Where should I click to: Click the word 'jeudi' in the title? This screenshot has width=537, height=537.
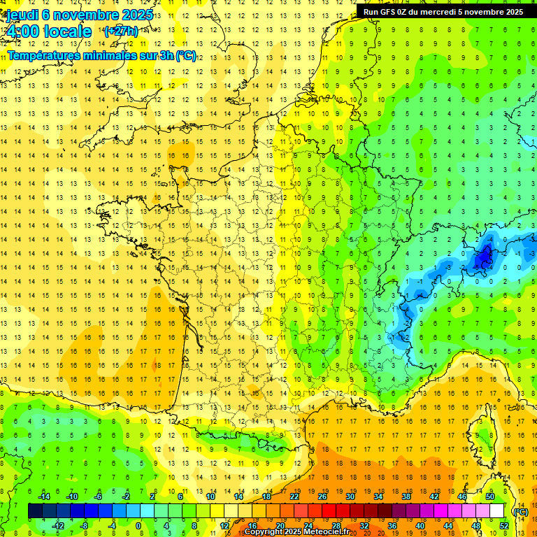[21, 14]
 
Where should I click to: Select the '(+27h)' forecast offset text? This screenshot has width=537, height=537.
[120, 31]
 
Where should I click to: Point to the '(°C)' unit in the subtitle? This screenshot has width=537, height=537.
[186, 56]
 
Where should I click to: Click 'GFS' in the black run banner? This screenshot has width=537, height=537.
[390, 12]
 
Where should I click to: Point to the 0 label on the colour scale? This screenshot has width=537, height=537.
[138, 526]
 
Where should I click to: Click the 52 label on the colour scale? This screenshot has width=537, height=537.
[503, 526]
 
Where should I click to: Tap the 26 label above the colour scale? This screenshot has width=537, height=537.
[322, 496]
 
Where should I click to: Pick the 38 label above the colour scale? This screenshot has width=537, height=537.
[406, 496]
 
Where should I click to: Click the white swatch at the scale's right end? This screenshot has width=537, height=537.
[496, 511]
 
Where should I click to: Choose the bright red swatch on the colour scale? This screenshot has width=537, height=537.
[329, 511]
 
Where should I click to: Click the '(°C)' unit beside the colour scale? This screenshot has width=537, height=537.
[520, 511]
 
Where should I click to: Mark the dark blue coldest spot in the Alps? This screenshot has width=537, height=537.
[482, 259]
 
